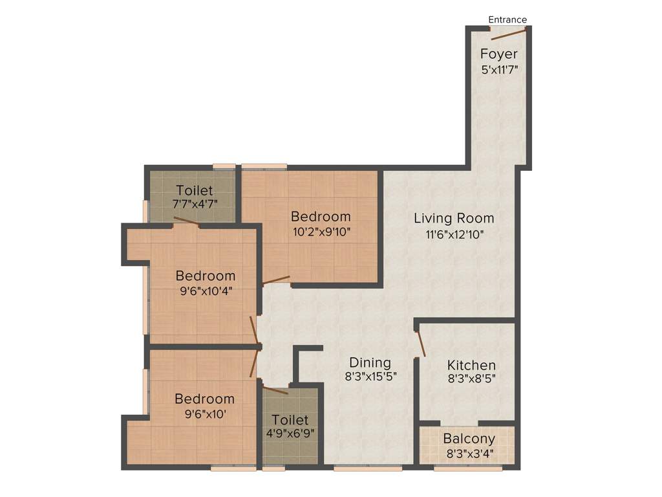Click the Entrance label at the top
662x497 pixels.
[x=507, y=19]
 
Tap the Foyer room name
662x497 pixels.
[x=498, y=54]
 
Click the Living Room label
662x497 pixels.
[x=454, y=218]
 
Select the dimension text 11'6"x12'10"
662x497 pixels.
[x=454, y=234]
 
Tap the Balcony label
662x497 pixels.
[x=469, y=439]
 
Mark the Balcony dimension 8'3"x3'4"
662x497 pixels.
[x=469, y=453]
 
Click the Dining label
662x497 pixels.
[x=370, y=362]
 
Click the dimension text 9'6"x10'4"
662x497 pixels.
[x=205, y=291]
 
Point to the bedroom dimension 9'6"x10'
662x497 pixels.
[x=204, y=414]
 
